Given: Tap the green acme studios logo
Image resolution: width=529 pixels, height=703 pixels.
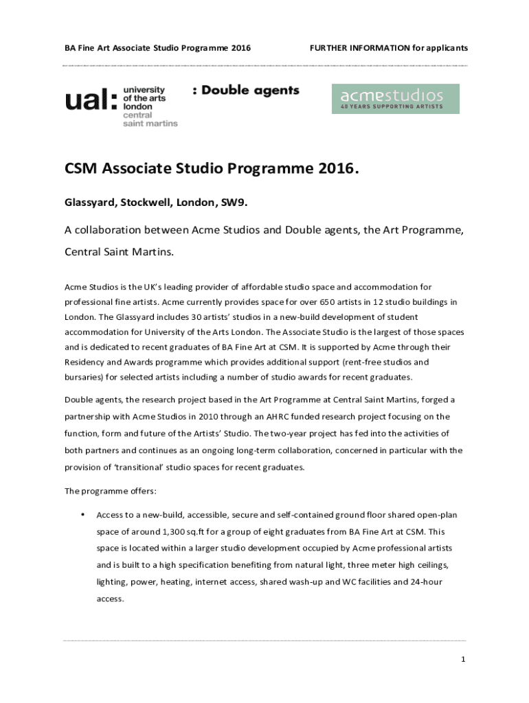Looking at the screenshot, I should tap(395, 99).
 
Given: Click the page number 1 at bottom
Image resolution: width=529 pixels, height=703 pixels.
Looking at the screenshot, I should tap(463, 660).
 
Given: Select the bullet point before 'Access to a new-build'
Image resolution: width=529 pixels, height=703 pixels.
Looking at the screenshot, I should tap(82, 514).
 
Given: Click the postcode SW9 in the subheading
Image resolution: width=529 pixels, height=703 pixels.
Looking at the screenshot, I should tap(234, 203).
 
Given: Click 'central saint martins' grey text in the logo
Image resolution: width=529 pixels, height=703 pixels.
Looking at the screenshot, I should tap(150, 119).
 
